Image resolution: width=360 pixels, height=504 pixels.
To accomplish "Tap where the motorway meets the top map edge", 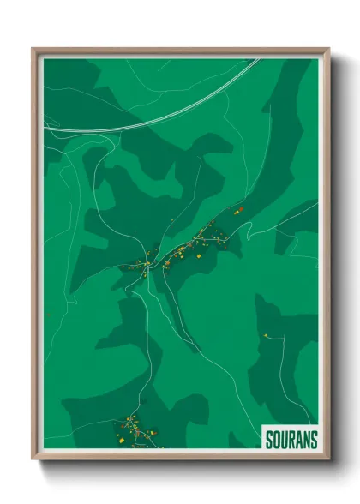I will (257, 59).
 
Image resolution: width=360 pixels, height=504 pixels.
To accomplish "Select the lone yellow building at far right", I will (267, 334).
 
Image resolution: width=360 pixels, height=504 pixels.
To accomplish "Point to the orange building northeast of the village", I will (242, 208).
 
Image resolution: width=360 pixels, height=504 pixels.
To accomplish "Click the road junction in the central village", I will (148, 267).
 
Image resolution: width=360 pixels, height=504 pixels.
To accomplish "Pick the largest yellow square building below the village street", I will (199, 255).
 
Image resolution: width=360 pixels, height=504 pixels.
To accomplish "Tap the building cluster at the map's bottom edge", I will (133, 429).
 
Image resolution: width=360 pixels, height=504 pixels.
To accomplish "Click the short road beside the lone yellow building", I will (277, 338).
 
